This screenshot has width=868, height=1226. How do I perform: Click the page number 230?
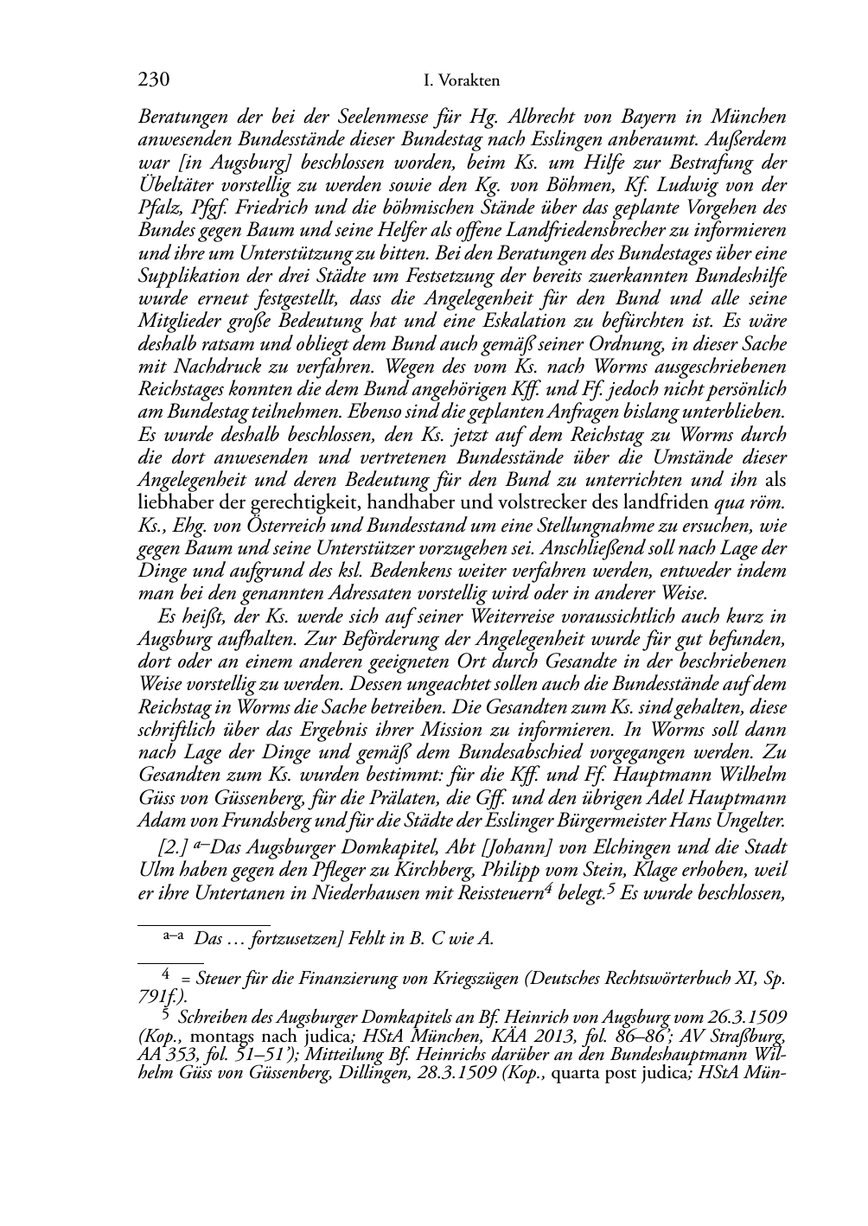click(153, 80)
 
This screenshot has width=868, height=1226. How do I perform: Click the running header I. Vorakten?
click(463, 81)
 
